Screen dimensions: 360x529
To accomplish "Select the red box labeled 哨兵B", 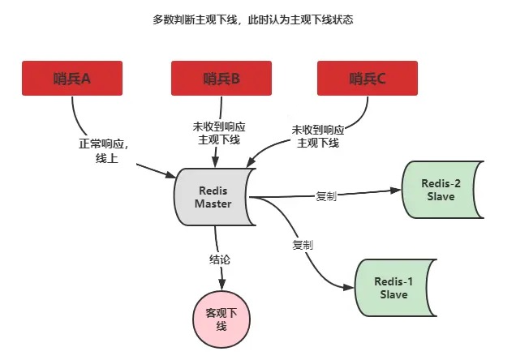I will click(x=221, y=79).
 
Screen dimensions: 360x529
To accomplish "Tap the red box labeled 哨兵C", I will click(x=368, y=79).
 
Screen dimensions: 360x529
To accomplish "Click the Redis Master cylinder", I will click(x=213, y=197).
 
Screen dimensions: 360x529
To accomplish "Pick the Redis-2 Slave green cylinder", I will click(x=442, y=190).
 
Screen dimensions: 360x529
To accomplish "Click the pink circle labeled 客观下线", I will click(x=221, y=319).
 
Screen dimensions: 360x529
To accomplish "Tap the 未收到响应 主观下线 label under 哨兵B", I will click(x=219, y=133).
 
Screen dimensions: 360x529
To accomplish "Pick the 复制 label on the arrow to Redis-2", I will click(x=327, y=196).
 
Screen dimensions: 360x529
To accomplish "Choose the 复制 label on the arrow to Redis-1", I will click(x=303, y=244).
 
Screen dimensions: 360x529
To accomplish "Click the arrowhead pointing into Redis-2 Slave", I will click(x=398, y=191).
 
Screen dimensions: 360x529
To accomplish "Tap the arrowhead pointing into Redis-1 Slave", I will click(x=351, y=287).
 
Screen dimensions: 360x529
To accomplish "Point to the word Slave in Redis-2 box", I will click(x=442, y=196).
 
